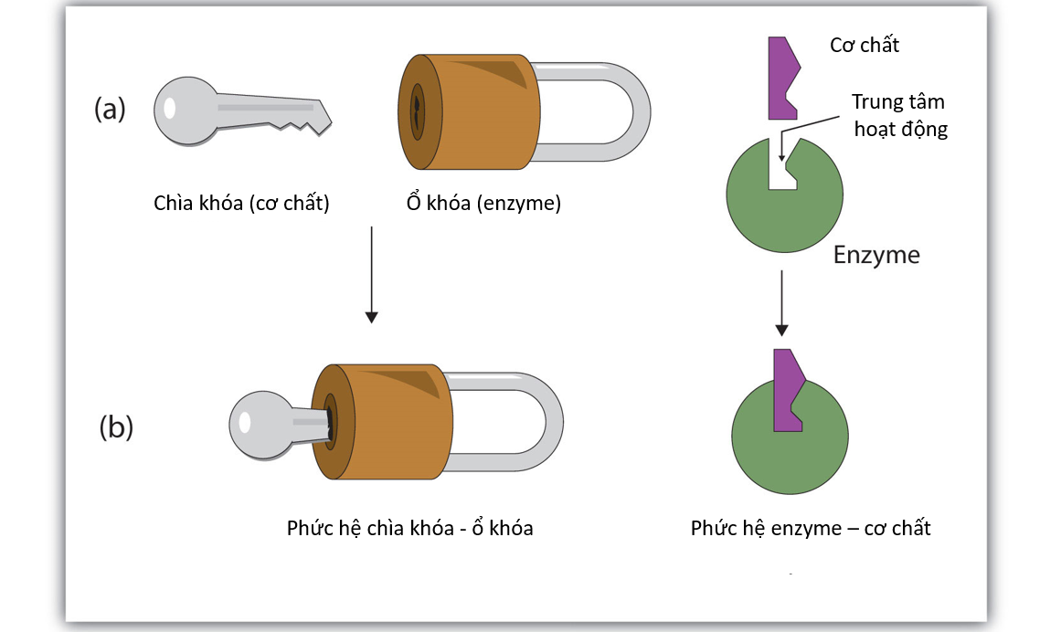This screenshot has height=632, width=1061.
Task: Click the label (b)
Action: coord(116,427)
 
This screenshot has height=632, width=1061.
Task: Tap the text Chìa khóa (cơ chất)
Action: coord(241,203)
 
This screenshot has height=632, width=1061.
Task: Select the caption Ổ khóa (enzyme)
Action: coord(483,203)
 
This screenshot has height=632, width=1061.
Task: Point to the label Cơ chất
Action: coord(864,45)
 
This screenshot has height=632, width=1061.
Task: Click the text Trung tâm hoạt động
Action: coord(898,115)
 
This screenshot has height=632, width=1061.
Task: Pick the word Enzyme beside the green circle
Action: coord(875,255)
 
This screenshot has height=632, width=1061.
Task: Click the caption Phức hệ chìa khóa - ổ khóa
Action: coord(409,527)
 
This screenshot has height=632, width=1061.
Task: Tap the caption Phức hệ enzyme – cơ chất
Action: coord(811,527)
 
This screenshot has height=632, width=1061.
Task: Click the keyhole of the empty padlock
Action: coord(418,111)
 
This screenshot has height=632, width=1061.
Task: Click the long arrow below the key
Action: coord(371,274)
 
